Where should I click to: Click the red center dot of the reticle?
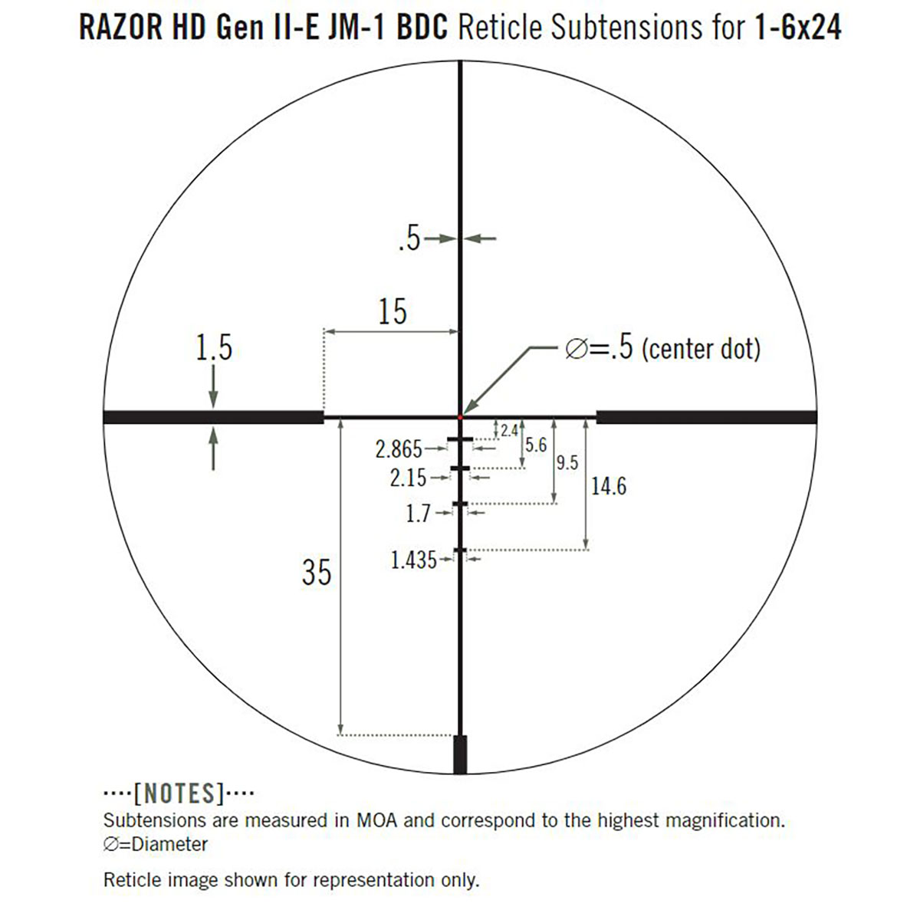pyautogui.click(x=460, y=416)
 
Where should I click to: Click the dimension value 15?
pyautogui.click(x=392, y=312)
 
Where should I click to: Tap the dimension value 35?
pyautogui.click(x=317, y=572)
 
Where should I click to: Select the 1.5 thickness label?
pyautogui.click(x=213, y=348)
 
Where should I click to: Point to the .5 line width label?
pyautogui.click(x=409, y=239)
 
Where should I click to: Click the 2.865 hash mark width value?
pyautogui.click(x=399, y=449)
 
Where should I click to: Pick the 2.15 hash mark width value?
pyautogui.click(x=408, y=478)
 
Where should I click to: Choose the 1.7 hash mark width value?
pyautogui.click(x=418, y=514)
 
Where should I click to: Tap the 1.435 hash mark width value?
pyautogui.click(x=413, y=560)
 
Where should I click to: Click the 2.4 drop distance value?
pyautogui.click(x=509, y=431)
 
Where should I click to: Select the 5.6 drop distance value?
pyautogui.click(x=536, y=445)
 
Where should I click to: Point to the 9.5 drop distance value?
pyautogui.click(x=567, y=463)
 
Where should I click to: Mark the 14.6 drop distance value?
pyautogui.click(x=609, y=486)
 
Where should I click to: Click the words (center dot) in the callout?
pyautogui.click(x=701, y=350)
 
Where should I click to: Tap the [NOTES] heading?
pyautogui.click(x=179, y=792)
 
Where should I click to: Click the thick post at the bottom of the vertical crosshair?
pyautogui.click(x=460, y=754)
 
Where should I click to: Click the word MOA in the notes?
pyautogui.click(x=376, y=820)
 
